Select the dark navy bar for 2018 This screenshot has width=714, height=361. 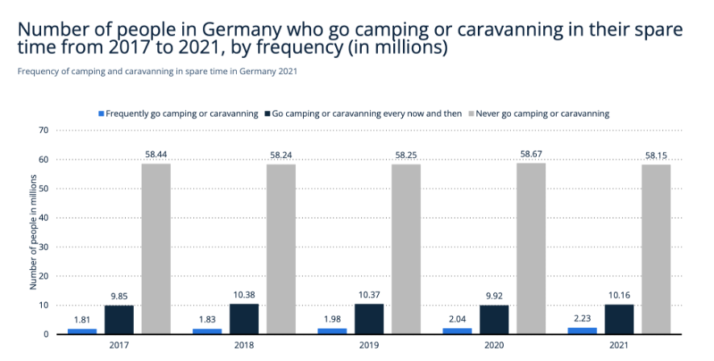coord(244,318)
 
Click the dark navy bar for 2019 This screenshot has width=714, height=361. coord(369,318)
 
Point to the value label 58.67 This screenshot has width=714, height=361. coord(531,153)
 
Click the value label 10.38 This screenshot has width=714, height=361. coord(244,294)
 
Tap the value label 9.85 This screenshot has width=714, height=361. coord(119,296)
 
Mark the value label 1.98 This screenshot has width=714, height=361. coord(333,319)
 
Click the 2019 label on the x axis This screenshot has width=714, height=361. coord(369,345)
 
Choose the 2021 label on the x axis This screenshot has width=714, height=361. coord(619,345)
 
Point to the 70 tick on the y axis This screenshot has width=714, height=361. coord(44,131)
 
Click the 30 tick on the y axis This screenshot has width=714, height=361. coord(44,247)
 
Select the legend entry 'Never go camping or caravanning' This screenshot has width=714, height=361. coord(542,114)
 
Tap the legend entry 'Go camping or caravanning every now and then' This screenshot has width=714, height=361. coord(367,114)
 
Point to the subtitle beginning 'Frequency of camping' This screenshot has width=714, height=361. coord(157,71)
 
